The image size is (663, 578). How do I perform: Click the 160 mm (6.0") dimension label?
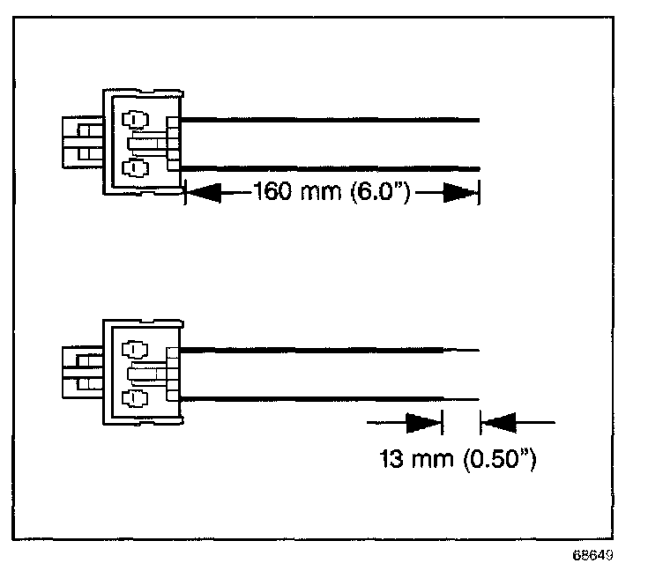pyautogui.click(x=330, y=191)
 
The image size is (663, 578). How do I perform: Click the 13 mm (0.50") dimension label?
pyautogui.click(x=458, y=458)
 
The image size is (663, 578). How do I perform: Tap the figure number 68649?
pyautogui.click(x=592, y=557)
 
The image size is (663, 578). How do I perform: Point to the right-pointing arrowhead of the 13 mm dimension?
pyautogui.click(x=424, y=425)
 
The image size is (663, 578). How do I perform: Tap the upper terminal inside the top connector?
pyautogui.click(x=135, y=119)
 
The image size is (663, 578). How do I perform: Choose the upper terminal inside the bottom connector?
pyautogui.click(x=135, y=350)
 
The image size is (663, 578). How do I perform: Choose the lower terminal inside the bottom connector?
pyautogui.click(x=135, y=398)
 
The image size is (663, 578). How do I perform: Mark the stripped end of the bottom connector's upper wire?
pyautogui.click(x=461, y=351)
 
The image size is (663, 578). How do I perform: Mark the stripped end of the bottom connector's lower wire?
pyautogui.click(x=461, y=398)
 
